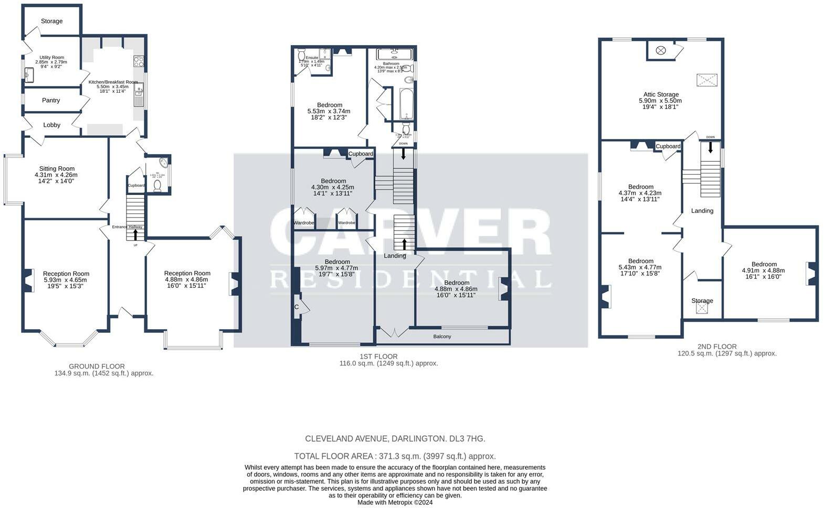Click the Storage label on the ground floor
point(51,21)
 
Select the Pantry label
point(51,100)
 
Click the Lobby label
point(51,125)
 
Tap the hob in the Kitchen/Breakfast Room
point(139,62)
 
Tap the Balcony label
point(442,337)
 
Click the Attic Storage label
point(661,94)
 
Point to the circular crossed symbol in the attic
point(661,50)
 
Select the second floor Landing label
point(702,211)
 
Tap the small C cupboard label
point(297,307)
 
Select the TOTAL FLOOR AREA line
point(395,456)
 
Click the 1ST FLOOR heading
point(383,356)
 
